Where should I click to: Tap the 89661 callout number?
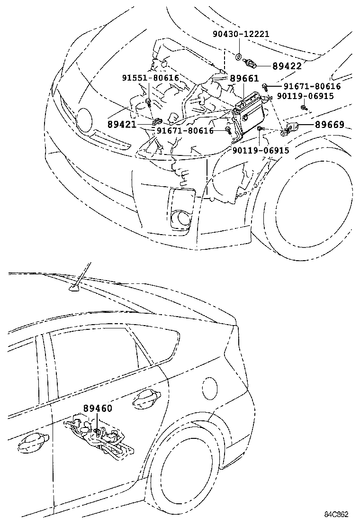pyautogui.click(x=244, y=78)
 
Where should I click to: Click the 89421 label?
pyautogui.click(x=122, y=125)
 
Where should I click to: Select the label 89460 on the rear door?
pyautogui.click(x=98, y=408)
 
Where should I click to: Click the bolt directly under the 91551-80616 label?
pyautogui.click(x=149, y=101)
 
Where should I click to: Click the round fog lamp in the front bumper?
pyautogui.click(x=181, y=218)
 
